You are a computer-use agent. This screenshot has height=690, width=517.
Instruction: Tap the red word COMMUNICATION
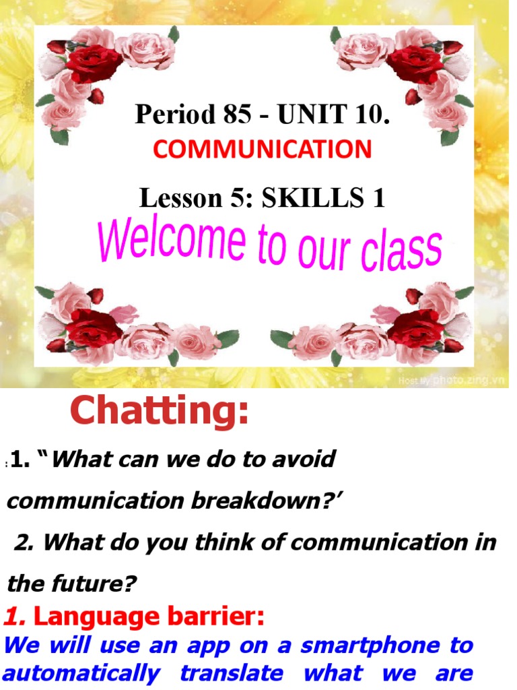(x=262, y=149)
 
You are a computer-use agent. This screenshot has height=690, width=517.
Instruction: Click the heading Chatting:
(x=160, y=411)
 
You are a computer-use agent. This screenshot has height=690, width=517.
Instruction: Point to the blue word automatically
(x=81, y=673)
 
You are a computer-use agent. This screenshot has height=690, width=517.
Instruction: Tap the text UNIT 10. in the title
(x=334, y=115)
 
